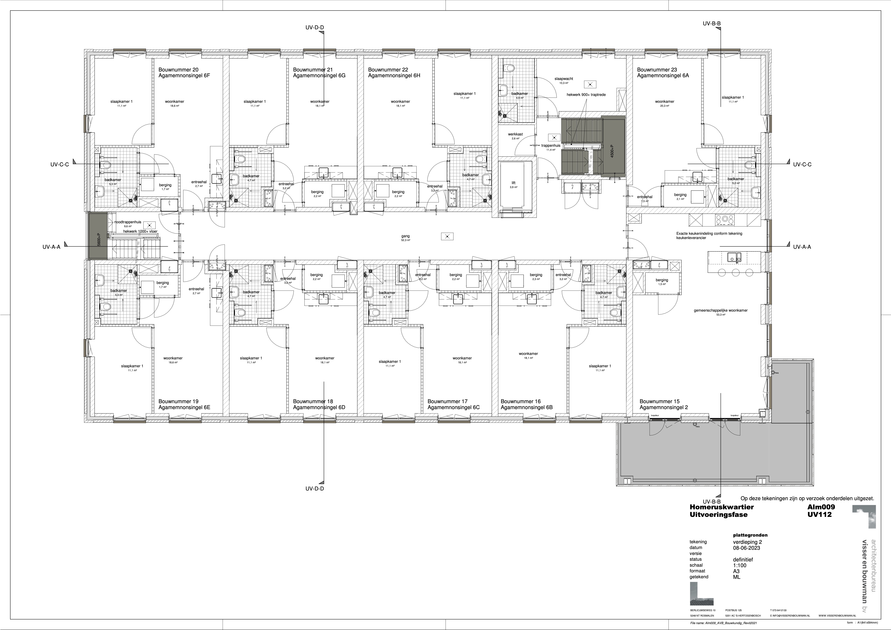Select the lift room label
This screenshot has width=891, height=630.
(513, 183)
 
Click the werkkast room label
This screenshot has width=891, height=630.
(515, 134)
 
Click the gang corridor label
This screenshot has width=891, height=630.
(405, 236)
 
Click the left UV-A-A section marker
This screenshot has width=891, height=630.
(52, 247)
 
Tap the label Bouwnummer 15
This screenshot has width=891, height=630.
(659, 401)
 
